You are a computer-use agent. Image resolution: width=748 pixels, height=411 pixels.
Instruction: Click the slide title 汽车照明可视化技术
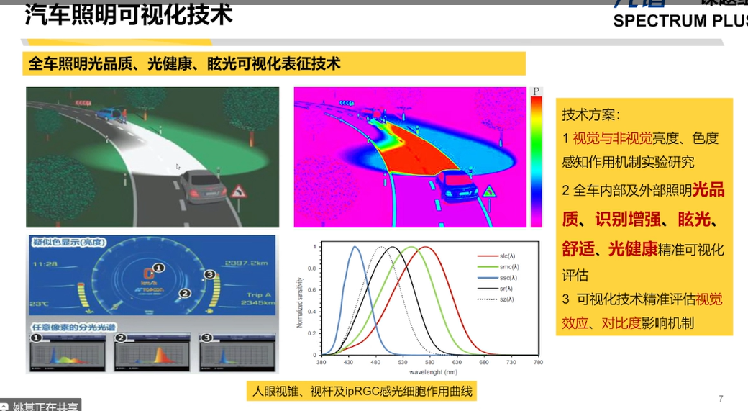pyautogui.click(x=129, y=16)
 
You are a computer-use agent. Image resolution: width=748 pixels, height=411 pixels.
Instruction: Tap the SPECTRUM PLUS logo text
pyautogui.click(x=680, y=21)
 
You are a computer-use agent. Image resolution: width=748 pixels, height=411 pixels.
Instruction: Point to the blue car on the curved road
pyautogui.click(x=110, y=114)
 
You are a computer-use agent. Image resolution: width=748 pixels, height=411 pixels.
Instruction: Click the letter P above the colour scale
pyautogui.click(x=536, y=92)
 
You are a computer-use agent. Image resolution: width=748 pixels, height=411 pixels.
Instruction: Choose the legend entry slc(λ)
pyautogui.click(x=508, y=256)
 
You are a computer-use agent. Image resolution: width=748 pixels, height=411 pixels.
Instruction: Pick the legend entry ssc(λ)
pyautogui.click(x=508, y=277)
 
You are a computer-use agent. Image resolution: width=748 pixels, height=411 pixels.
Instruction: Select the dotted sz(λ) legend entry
pyautogui.click(x=508, y=299)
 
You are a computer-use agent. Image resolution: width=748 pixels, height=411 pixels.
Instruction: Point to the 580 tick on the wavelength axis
pyautogui.click(x=429, y=362)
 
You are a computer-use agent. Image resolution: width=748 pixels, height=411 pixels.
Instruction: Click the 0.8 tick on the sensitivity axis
pyautogui.click(x=311, y=268)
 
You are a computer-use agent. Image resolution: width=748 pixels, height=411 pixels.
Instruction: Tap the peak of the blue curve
pyautogui.click(x=355, y=247)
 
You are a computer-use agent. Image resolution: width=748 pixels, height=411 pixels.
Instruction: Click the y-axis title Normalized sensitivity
pyautogui.click(x=299, y=302)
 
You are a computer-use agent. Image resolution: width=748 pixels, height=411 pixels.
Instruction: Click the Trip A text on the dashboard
pyautogui.click(x=258, y=294)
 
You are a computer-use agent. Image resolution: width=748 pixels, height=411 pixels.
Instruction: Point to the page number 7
pyautogui.click(x=721, y=399)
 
